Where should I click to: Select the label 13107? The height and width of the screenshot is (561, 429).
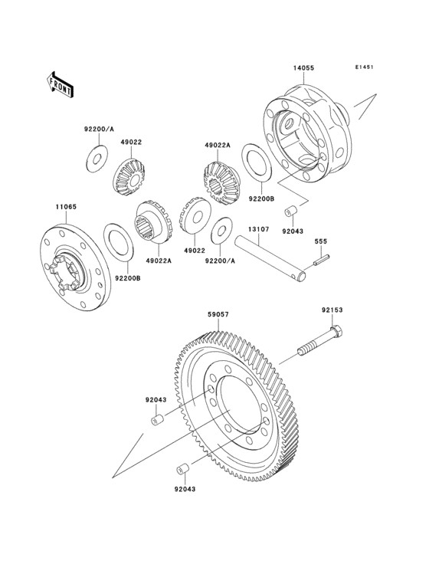point(256,228)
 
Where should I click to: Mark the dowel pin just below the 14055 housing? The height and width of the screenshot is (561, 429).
point(291,212)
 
